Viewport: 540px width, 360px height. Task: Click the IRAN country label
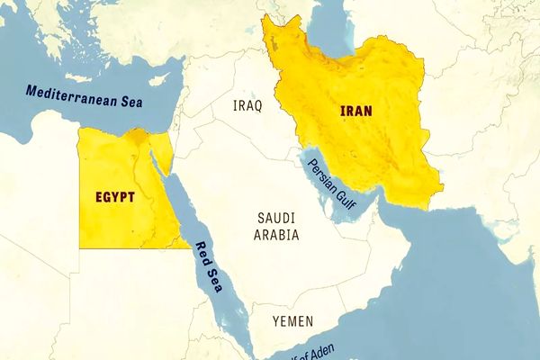pos(357,111)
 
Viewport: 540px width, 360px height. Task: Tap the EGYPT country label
pos(115,195)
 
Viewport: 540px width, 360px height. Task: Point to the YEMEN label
pos(292,320)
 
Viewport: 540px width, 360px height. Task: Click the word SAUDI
pos(276,219)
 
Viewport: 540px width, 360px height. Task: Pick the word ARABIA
pos(276,235)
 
